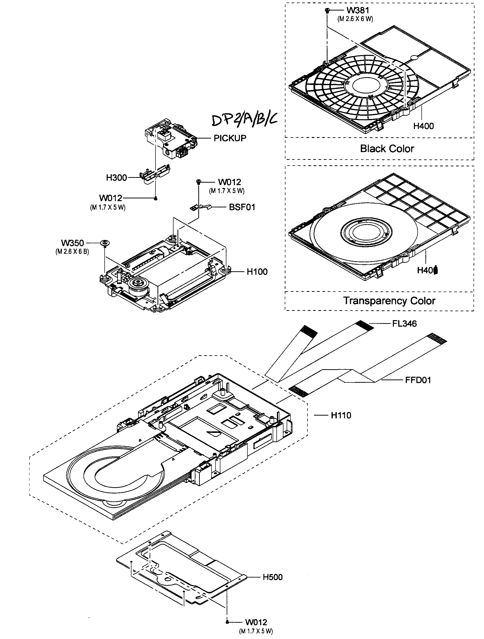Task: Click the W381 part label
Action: [358, 11]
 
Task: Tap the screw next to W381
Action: [327, 11]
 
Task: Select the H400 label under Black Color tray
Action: [423, 126]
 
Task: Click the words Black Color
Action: [387, 149]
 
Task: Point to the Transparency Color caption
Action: [389, 301]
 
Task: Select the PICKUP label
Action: [230, 138]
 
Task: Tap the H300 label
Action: [116, 178]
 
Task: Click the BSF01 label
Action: [242, 207]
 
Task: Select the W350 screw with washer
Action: [105, 243]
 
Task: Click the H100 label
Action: [257, 272]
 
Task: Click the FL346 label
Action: [404, 324]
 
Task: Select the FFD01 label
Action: [418, 380]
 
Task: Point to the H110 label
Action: [341, 415]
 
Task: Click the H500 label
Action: [272, 577]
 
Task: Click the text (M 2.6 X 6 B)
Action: [72, 251]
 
